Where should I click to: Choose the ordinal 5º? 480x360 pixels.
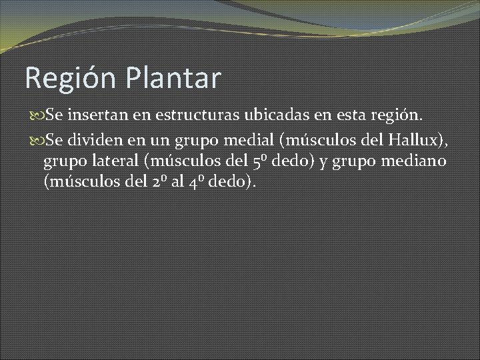point(262,161)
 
